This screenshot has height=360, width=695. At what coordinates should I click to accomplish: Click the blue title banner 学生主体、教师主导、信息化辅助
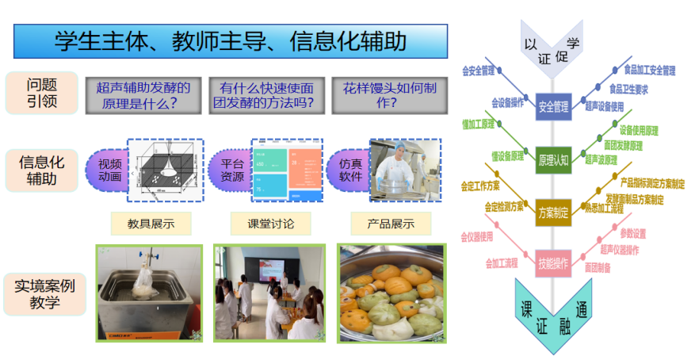[231, 40]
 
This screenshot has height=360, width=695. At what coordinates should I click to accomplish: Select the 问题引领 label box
[42, 93]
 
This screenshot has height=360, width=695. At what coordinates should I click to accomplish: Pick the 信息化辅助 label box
[42, 170]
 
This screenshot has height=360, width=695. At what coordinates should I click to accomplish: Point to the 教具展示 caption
[151, 224]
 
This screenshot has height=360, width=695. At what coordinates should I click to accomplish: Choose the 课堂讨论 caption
[270, 224]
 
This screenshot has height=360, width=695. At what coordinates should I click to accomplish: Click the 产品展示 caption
[391, 224]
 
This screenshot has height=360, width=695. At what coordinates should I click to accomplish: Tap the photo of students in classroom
[269, 293]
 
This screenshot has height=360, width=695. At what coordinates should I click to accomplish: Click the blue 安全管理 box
[553, 106]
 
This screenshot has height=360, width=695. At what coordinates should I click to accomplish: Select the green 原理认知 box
[553, 160]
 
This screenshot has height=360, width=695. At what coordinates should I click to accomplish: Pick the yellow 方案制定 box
[553, 213]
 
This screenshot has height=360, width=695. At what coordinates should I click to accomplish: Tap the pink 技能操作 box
[553, 263]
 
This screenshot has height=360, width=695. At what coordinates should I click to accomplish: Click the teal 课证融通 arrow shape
[552, 313]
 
